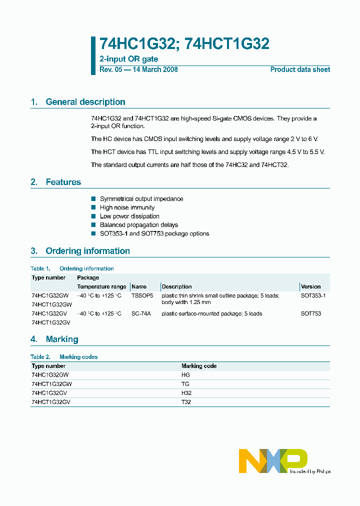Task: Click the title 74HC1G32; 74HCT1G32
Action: [184, 44]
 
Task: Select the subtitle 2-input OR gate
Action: [129, 59]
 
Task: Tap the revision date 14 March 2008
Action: [155, 69]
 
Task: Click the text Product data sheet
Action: [300, 69]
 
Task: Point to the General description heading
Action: [85, 102]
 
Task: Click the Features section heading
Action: [63, 182]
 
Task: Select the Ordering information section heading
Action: [87, 251]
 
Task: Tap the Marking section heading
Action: [62, 339]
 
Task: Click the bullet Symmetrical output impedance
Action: [141, 198]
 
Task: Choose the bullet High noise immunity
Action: [127, 207]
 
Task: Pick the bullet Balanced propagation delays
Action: [138, 225]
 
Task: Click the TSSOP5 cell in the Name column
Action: [141, 295]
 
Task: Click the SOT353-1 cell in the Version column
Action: [313, 295]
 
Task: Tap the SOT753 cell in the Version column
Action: [310, 313]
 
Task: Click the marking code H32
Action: [185, 393]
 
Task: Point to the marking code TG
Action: [185, 384]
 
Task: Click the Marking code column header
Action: [198, 366]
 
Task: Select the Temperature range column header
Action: [101, 286]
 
